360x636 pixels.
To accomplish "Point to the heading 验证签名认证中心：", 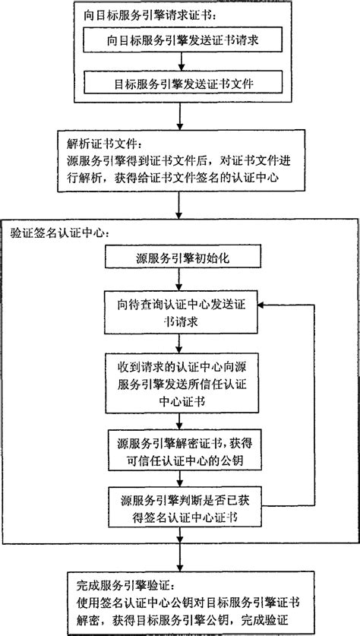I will tap(61, 233).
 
